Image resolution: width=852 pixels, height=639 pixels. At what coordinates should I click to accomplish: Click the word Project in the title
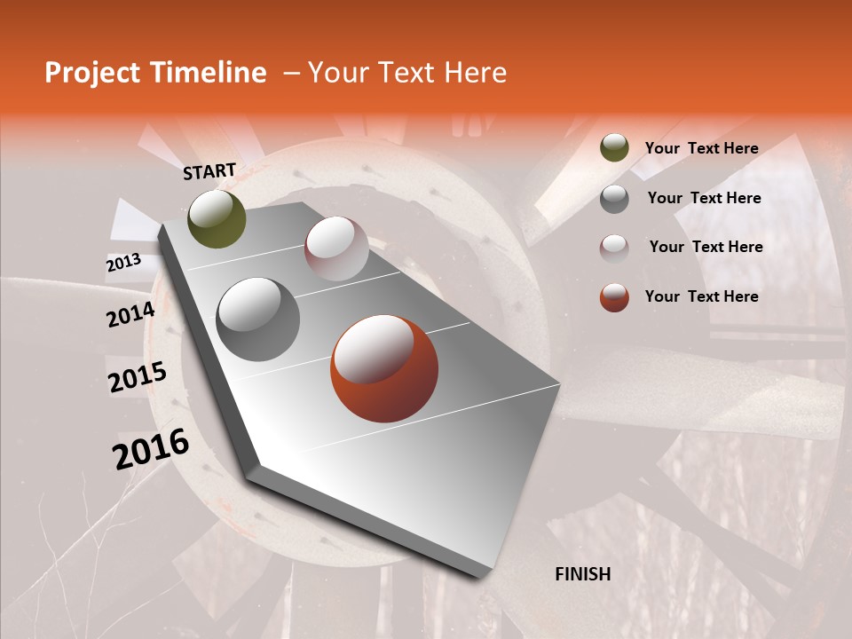coord(91,74)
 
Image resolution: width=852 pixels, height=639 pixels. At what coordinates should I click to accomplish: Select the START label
coord(209,171)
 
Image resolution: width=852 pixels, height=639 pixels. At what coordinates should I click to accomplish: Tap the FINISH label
coord(583,574)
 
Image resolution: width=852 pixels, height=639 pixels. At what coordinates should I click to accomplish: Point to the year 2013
coord(123,263)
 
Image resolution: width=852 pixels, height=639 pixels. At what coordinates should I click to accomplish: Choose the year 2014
coord(130,314)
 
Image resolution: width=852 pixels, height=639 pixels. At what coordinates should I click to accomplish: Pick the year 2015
coord(138,378)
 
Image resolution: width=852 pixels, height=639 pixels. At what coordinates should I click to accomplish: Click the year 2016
coord(151,449)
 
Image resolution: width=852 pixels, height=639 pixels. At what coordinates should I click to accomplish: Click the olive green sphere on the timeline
coord(217,218)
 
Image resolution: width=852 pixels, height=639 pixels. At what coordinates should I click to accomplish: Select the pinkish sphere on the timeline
coord(336,248)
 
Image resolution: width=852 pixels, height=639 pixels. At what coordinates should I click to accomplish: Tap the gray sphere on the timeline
coord(258,319)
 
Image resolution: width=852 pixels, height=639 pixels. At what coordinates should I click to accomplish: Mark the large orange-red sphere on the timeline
coord(384,368)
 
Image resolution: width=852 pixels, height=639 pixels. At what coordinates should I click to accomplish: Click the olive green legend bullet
coord(614,148)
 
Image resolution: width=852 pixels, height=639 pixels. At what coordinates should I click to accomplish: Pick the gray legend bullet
coord(614,198)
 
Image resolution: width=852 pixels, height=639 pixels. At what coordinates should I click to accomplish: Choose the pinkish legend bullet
coord(614,248)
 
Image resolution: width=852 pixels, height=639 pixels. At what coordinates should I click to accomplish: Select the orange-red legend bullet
coord(614,297)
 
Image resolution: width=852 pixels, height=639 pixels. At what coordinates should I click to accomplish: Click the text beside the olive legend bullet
coord(701,148)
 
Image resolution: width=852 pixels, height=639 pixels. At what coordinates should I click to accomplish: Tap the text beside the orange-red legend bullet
coord(701,296)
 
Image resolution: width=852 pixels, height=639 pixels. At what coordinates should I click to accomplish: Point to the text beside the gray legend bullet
coord(704,198)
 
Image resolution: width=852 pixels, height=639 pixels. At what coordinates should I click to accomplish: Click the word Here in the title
coord(475,73)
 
